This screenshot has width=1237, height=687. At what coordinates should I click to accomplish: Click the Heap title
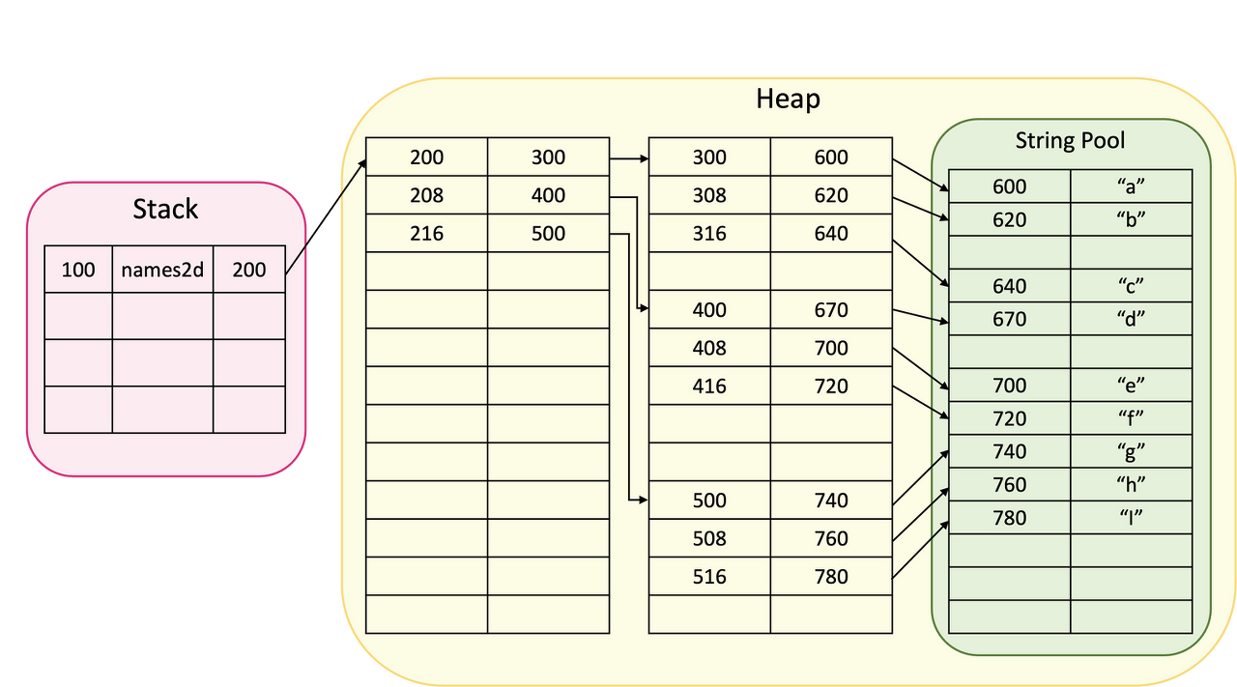788,99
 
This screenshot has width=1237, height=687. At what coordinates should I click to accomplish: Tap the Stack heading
165,209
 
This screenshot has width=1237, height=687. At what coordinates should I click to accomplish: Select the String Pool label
1070,140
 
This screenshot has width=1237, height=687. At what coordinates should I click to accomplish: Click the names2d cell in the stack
162,270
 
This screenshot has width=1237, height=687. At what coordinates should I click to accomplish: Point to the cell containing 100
78,270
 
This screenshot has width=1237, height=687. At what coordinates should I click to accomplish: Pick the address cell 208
426,195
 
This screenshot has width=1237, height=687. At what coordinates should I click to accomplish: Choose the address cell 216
426,233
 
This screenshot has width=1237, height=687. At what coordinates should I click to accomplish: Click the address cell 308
709,195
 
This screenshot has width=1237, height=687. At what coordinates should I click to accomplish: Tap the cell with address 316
709,233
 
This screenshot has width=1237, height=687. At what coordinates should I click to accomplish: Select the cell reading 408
709,348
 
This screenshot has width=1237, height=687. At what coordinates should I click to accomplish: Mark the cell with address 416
709,386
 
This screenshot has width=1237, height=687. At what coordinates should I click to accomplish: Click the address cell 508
709,538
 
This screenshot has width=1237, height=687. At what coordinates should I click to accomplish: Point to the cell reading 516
709,577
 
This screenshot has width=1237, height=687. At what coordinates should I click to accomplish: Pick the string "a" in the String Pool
1131,186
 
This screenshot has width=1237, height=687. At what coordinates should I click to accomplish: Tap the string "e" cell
1131,386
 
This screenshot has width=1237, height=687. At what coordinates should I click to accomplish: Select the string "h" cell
1131,485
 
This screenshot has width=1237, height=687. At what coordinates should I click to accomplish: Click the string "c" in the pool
1131,286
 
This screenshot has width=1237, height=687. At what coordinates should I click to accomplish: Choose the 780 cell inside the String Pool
1009,518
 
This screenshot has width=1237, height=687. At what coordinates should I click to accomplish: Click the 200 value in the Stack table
248,270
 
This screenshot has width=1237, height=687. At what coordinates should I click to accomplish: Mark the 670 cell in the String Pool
1009,319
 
